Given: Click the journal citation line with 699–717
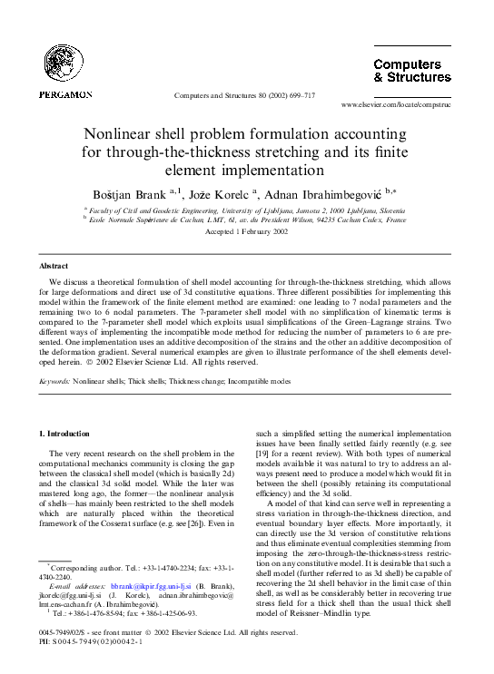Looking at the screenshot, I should pos(247,94).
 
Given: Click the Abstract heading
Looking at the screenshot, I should pos(54,266).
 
